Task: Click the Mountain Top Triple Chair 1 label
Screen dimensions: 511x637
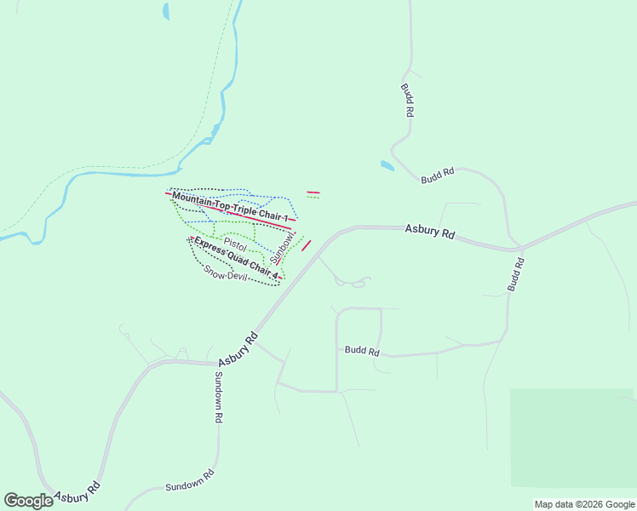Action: point(230,208)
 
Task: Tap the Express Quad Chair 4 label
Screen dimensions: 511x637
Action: point(236,259)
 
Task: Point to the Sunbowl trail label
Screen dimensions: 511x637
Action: point(282,245)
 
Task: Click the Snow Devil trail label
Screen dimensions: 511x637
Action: point(225,273)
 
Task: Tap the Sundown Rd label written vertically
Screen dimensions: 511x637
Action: point(218,397)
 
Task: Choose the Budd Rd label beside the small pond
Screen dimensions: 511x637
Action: point(438,175)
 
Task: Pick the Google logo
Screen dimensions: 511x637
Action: point(28,501)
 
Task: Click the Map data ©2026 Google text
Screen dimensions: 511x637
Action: point(584,504)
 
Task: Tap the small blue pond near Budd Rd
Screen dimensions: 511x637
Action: point(387,165)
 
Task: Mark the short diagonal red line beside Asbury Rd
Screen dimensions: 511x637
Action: point(306,245)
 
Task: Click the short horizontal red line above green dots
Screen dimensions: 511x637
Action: point(313,192)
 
